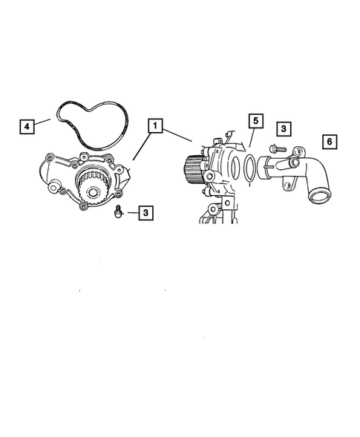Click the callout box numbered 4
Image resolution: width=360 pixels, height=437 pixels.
pyautogui.click(x=27, y=127)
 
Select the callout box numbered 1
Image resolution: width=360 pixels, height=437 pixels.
pyautogui.click(x=156, y=125)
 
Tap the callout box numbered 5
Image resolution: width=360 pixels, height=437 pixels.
pyautogui.click(x=255, y=120)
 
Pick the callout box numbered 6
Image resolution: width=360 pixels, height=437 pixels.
pyautogui.click(x=329, y=141)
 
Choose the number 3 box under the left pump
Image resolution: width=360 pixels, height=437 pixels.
pyautogui.click(x=146, y=213)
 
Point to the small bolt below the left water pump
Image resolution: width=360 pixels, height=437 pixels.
pyautogui.click(x=117, y=212)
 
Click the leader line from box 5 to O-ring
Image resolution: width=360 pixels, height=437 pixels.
pyautogui.click(x=251, y=141)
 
